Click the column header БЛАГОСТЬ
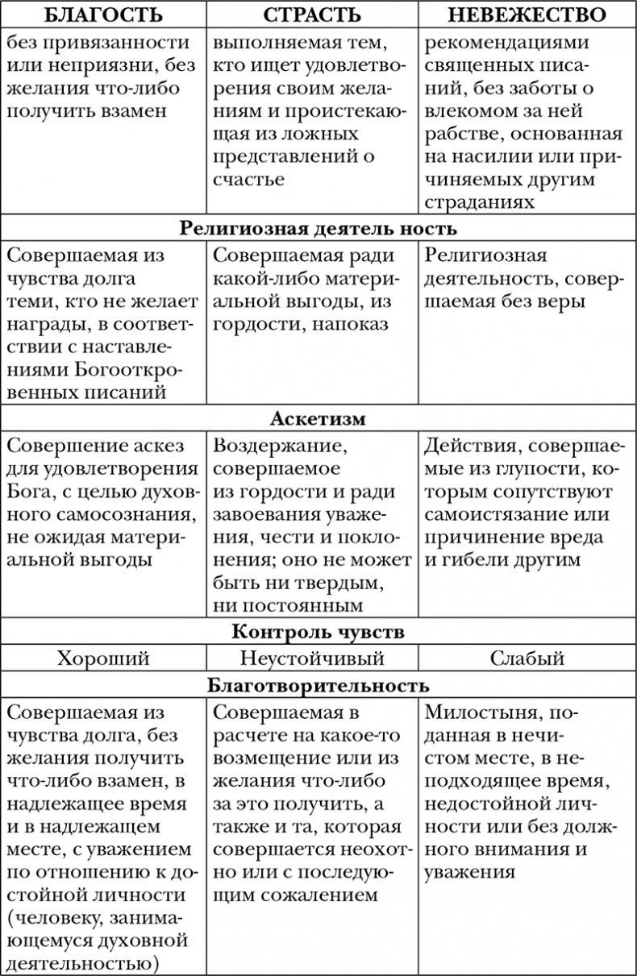pyautogui.click(x=103, y=15)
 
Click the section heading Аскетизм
pyautogui.click(x=318, y=419)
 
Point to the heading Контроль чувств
pyautogui.click(x=318, y=632)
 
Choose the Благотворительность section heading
pyautogui.click(x=318, y=686)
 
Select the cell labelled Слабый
pyautogui.click(x=527, y=658)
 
